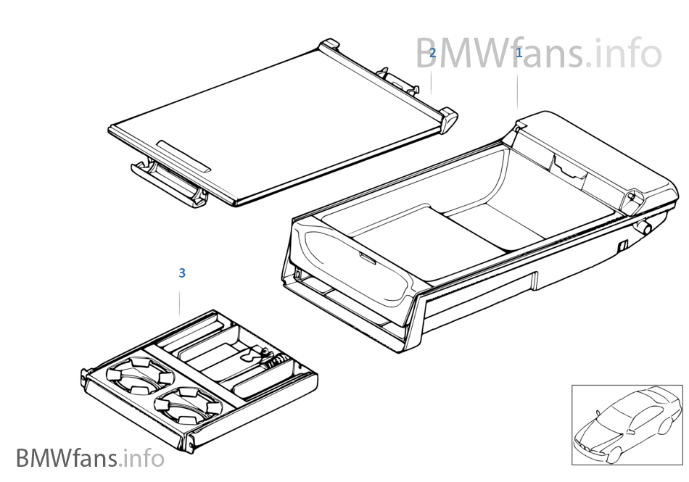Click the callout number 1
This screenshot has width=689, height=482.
pos(519,53)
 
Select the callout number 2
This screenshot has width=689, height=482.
pos(432,53)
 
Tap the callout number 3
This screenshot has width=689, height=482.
pos(182,273)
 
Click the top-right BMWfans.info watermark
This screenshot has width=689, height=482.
pos(538,54)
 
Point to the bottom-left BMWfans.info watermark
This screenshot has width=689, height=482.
pos(90,458)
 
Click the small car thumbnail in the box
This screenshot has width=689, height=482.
pos(626,424)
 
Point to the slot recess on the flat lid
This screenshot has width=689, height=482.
pos(183,156)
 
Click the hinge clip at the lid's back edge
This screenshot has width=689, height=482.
pos(397,80)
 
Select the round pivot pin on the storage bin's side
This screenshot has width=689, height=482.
pos(643,225)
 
